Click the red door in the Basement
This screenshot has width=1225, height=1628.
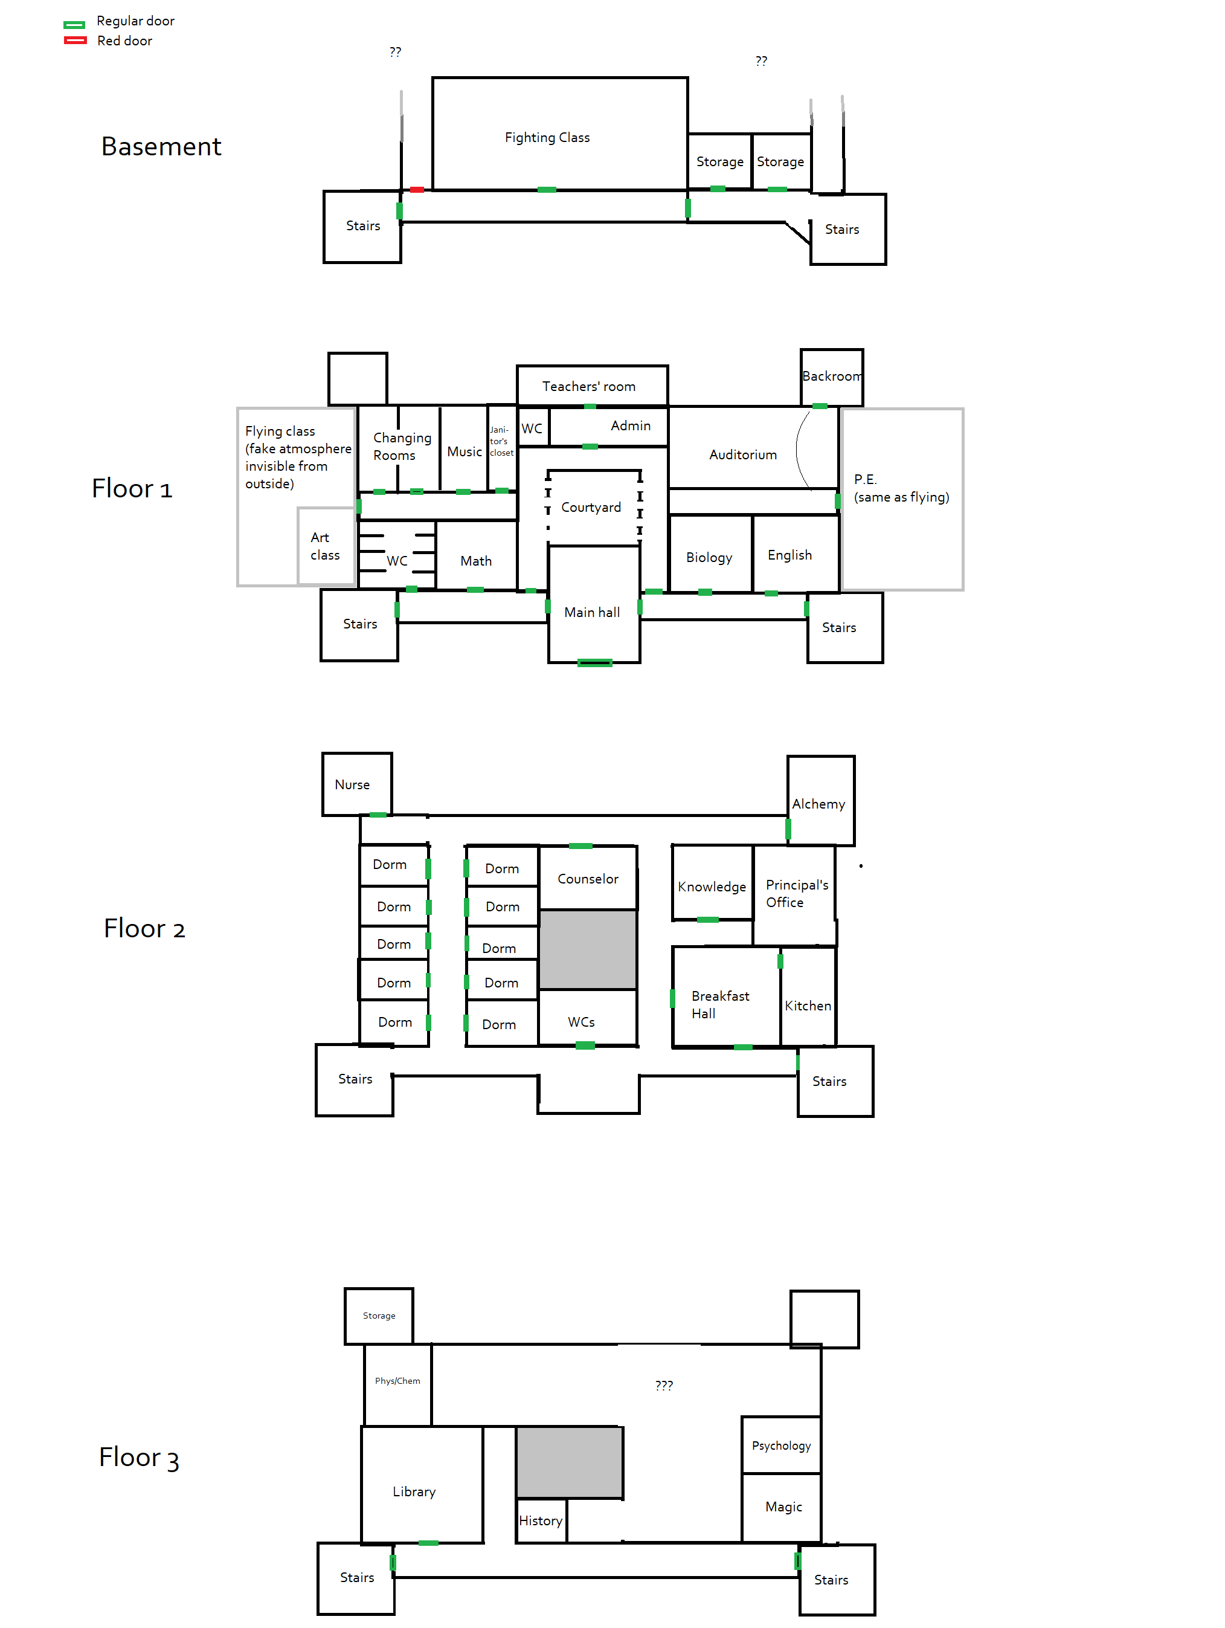click(x=416, y=190)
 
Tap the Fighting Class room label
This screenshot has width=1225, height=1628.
click(x=547, y=138)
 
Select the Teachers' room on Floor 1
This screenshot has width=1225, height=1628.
click(x=588, y=386)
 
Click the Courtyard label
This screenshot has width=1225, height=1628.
click(x=591, y=507)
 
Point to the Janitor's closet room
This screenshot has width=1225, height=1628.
click(x=501, y=442)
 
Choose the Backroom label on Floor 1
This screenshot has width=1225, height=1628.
click(x=831, y=376)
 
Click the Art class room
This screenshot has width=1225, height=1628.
click(x=325, y=546)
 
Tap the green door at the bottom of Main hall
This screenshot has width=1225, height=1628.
click(x=594, y=662)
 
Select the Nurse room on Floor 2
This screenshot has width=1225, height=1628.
click(x=352, y=784)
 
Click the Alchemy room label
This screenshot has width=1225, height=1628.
click(x=818, y=804)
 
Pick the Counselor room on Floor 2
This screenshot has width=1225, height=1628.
click(x=587, y=879)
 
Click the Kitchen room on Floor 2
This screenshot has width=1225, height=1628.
click(x=807, y=1006)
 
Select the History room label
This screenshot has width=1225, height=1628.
click(x=540, y=1520)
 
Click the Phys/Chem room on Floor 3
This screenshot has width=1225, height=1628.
click(x=397, y=1381)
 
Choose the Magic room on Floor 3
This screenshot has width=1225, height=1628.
click(x=783, y=1507)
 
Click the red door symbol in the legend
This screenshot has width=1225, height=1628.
click(x=75, y=40)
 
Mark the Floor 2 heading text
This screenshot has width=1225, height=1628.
click(x=144, y=929)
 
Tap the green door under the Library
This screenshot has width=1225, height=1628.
click(x=428, y=1543)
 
